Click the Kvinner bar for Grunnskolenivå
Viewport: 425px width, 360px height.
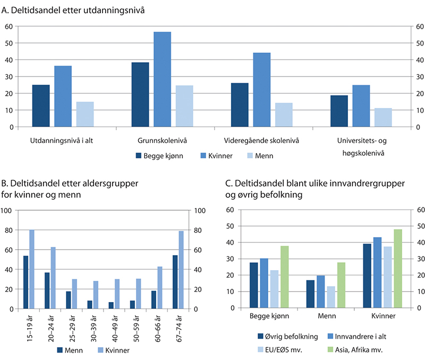pos(162,79)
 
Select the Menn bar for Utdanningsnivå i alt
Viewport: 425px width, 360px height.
pos(85,114)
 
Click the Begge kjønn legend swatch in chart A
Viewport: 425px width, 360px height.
pos(139,156)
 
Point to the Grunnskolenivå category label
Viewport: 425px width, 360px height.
pos(162,141)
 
